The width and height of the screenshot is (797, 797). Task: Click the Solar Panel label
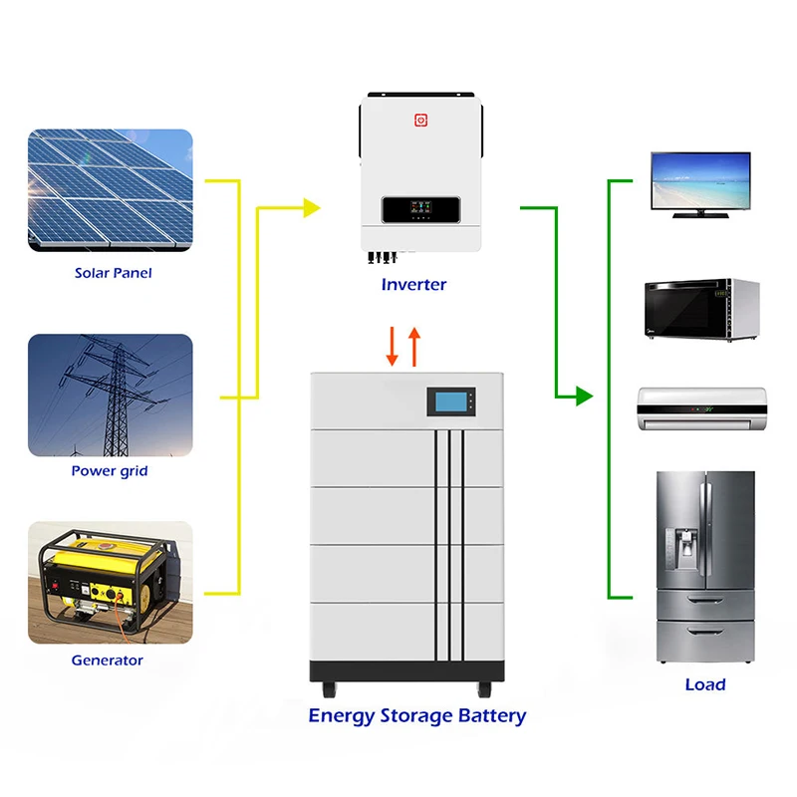pyautogui.click(x=113, y=273)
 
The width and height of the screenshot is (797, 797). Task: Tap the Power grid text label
pyautogui.click(x=109, y=470)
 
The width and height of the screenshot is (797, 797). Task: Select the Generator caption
pyautogui.click(x=107, y=660)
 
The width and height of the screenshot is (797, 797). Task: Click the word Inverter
pyautogui.click(x=413, y=285)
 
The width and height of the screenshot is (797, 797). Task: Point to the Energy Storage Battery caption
pyautogui.click(x=416, y=715)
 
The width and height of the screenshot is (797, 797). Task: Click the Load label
pyautogui.click(x=704, y=684)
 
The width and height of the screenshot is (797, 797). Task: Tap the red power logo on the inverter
pyautogui.click(x=420, y=120)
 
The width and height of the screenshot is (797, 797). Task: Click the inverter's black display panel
pyautogui.click(x=419, y=210)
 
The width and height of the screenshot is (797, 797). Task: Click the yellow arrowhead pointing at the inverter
pyautogui.click(x=311, y=207)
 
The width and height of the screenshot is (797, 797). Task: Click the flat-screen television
pyautogui.click(x=699, y=183)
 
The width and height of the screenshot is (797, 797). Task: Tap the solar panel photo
pyautogui.click(x=110, y=190)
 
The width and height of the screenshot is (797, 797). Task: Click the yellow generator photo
pyautogui.click(x=110, y=582)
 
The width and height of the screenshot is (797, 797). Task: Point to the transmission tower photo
pyautogui.click(x=110, y=395)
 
